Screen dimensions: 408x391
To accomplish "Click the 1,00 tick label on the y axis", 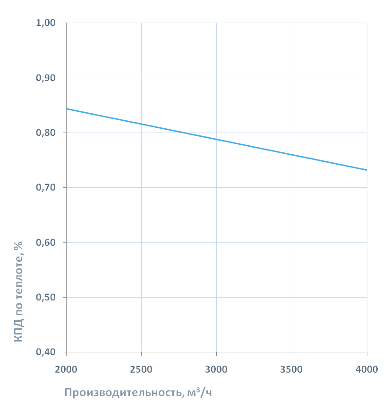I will (x=46, y=23).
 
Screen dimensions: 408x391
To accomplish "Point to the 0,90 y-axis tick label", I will (x=46, y=78).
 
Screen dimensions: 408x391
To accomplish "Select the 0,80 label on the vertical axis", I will (x=46, y=133).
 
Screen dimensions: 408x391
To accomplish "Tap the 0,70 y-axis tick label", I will (x=46, y=188).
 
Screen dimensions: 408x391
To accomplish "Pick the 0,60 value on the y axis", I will (x=46, y=242).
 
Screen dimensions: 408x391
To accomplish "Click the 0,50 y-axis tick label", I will (x=46, y=298).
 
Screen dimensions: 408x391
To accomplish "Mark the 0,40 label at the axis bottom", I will (x=46, y=352).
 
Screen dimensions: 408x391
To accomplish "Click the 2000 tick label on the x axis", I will (x=66, y=369).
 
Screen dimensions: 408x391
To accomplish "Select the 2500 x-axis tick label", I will (x=141, y=369).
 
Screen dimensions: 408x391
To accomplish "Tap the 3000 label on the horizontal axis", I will (x=216, y=369).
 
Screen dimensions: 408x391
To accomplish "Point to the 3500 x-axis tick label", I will (x=292, y=369).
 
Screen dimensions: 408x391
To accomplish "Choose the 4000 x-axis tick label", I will (x=367, y=369).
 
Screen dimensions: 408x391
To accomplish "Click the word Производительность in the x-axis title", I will (x=121, y=393).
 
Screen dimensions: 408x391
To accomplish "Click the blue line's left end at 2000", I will (x=67, y=109).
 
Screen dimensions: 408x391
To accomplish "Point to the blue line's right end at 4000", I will (x=366, y=170).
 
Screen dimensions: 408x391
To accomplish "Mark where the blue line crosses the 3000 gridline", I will (x=216, y=139).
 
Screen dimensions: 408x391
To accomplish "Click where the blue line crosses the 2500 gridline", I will (x=141, y=124).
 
